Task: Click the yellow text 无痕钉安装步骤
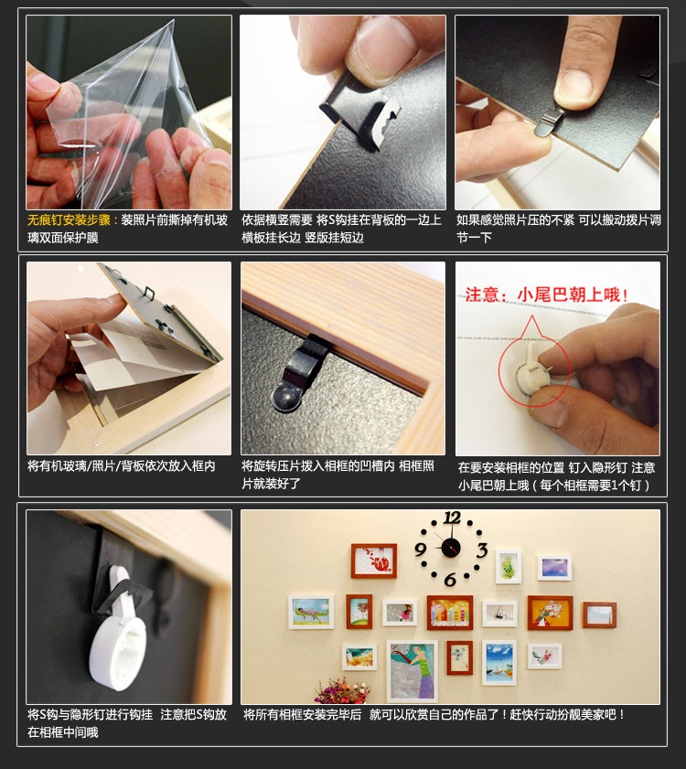pyautogui.click(x=69, y=220)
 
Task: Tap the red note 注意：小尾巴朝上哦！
pyautogui.click(x=547, y=294)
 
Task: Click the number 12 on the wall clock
pyautogui.click(x=452, y=518)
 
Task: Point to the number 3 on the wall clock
pyautogui.click(x=482, y=550)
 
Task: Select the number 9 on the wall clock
pyautogui.click(x=420, y=549)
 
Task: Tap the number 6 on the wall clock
pyautogui.click(x=450, y=580)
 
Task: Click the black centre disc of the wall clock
pyautogui.click(x=451, y=548)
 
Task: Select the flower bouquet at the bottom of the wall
pyautogui.click(x=342, y=690)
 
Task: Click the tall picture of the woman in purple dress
pyautogui.click(x=413, y=671)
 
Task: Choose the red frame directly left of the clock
pyautogui.click(x=374, y=561)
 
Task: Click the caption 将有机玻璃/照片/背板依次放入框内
pyautogui.click(x=122, y=466)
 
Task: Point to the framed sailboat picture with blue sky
pyautogui.click(x=499, y=663)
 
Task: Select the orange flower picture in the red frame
pyautogui.click(x=550, y=613)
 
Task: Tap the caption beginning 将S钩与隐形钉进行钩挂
pyautogui.click(x=126, y=723)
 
